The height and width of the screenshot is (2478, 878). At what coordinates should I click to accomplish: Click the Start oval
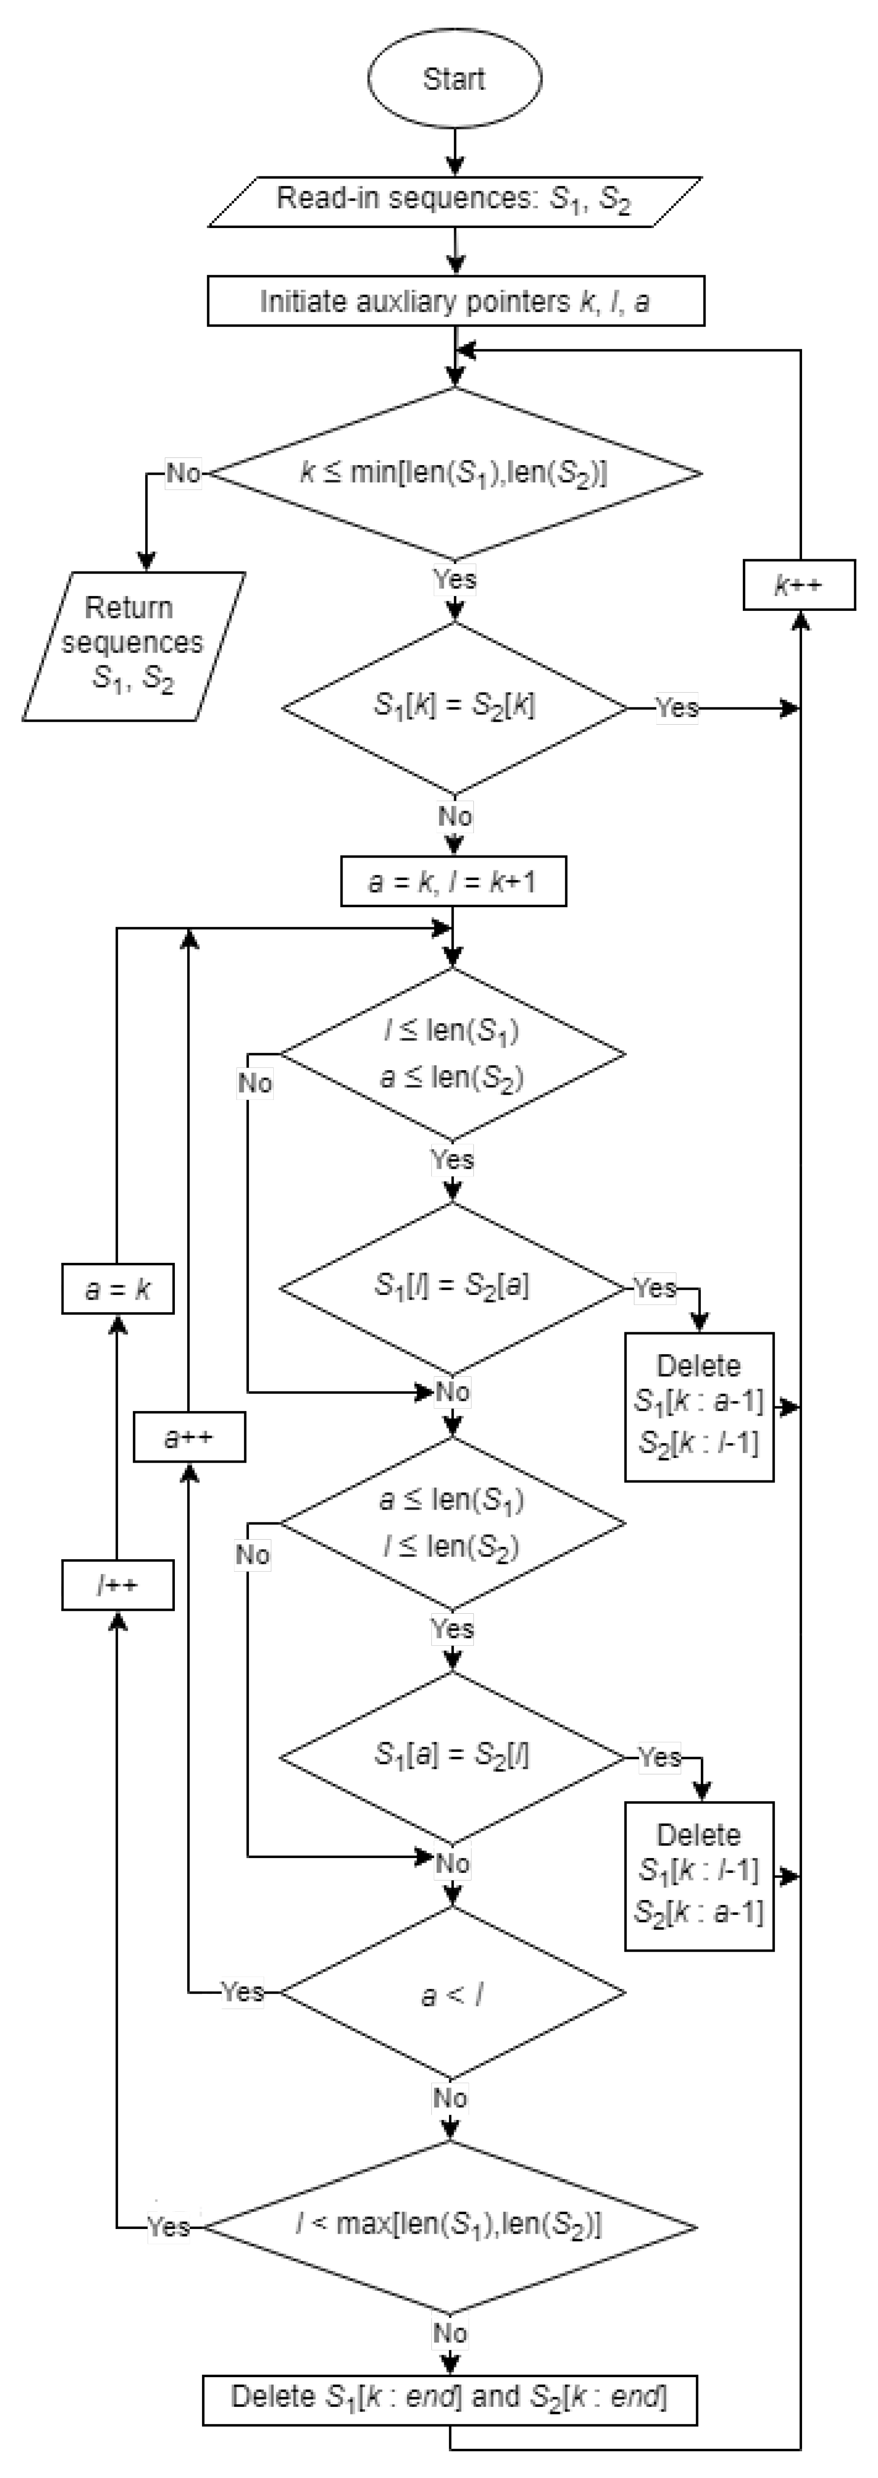454,79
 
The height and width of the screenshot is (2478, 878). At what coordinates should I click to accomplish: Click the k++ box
798,585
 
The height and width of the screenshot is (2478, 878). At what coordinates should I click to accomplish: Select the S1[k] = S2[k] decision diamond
454,707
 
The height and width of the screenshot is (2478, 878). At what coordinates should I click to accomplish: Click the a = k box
118,1289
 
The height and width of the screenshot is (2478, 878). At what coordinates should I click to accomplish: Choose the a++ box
189,1437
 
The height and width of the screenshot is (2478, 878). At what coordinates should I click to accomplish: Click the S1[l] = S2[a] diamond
452,1287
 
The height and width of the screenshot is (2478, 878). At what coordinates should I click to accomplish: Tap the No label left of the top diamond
182,473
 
